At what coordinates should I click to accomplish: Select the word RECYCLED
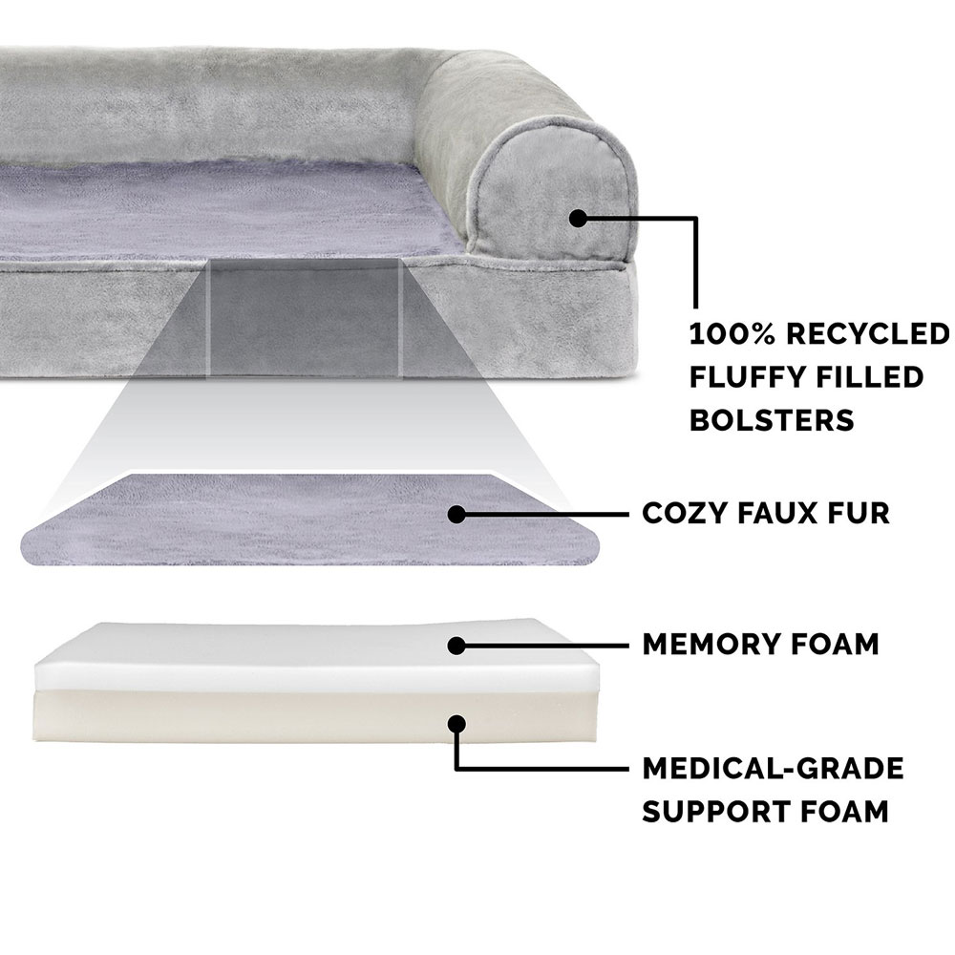(x=868, y=333)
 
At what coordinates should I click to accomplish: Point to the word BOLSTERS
(x=772, y=420)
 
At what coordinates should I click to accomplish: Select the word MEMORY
(x=706, y=644)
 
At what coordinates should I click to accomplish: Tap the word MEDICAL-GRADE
(x=773, y=768)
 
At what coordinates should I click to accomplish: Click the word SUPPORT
(x=716, y=811)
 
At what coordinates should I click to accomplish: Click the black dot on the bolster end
(x=578, y=218)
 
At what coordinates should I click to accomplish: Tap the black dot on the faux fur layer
(x=456, y=514)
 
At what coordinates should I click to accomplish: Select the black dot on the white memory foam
(x=456, y=646)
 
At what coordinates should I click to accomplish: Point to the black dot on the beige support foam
(x=456, y=724)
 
